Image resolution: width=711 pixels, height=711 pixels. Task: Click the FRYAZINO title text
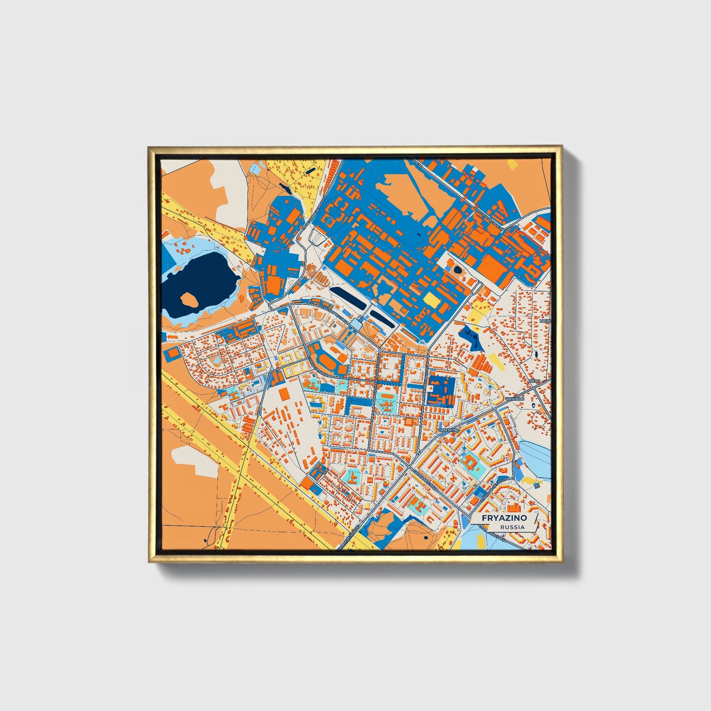point(504,518)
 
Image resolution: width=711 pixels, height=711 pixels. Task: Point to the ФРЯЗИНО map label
point(448,430)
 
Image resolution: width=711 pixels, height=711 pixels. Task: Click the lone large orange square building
point(284,394)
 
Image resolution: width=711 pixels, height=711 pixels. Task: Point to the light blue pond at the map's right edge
point(536,458)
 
